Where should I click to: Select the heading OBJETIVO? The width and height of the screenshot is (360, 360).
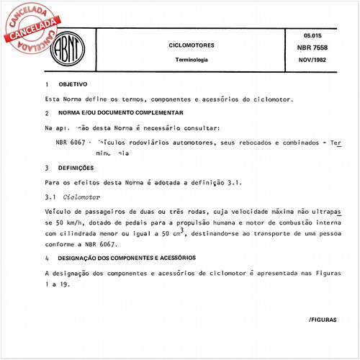point(73,84)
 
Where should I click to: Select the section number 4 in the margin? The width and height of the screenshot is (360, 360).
point(46,258)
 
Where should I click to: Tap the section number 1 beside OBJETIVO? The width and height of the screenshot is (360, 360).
point(46,85)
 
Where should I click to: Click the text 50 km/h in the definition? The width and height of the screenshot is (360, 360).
point(71,224)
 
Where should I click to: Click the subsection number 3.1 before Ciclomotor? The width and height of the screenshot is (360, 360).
point(50,197)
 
